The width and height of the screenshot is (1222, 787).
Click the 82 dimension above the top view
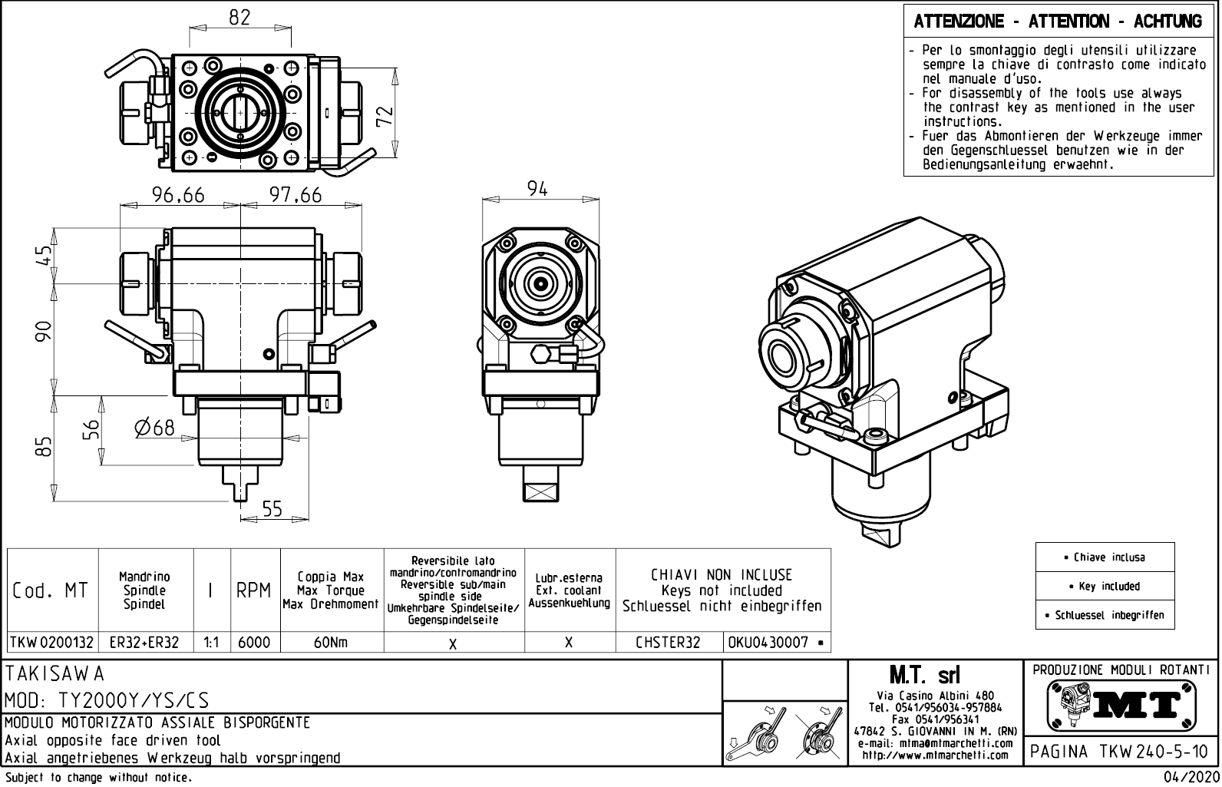coord(239,18)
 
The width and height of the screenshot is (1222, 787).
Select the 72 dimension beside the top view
coord(386,115)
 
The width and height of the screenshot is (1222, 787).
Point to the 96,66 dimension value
coord(178,196)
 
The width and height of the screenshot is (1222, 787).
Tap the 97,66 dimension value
coord(296,196)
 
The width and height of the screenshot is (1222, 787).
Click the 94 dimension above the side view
coord(538,189)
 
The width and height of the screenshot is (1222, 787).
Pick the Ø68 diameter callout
coord(154,428)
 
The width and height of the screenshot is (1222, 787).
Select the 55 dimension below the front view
coord(272,509)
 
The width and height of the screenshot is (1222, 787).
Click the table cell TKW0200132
coord(52,643)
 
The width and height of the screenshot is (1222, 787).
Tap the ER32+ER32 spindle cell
coord(145,643)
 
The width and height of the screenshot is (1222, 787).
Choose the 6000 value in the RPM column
coord(254,643)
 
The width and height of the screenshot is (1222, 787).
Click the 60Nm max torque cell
coord(331,643)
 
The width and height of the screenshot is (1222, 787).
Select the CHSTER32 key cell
coord(669,643)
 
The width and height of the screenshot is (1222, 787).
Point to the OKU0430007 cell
coord(773,643)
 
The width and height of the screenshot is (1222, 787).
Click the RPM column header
coord(254,591)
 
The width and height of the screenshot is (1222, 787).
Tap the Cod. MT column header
coord(51,591)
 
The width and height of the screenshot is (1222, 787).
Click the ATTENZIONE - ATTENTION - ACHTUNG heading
coord(1058,21)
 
